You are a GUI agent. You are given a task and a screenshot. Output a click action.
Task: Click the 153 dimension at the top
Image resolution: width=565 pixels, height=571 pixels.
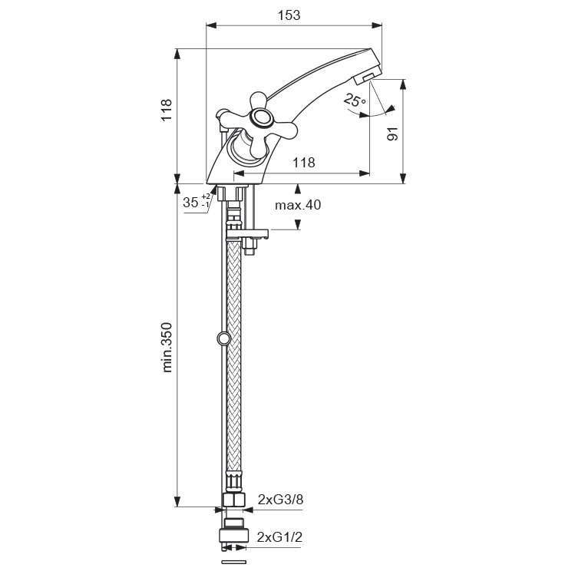[x=289, y=15]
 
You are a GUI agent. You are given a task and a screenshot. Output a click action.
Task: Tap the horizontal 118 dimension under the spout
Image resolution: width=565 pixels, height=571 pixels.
[x=304, y=163]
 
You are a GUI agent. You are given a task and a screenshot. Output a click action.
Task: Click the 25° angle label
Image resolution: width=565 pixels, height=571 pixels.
[x=354, y=101]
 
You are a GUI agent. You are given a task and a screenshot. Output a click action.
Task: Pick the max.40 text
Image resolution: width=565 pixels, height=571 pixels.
[x=298, y=205]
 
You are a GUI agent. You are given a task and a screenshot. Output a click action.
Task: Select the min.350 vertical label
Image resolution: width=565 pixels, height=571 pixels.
[x=167, y=348]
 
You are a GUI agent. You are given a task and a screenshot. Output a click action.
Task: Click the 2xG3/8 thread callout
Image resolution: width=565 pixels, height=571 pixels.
[x=281, y=500]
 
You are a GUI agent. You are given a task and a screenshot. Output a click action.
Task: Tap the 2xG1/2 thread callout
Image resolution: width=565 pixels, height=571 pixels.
[x=280, y=536]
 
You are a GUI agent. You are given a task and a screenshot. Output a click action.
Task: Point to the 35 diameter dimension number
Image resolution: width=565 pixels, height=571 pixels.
[x=190, y=203]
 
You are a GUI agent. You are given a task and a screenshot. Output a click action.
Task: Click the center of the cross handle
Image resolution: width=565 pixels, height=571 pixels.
[x=263, y=118]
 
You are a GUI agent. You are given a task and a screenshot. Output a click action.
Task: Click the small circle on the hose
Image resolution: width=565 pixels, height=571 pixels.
[x=223, y=338]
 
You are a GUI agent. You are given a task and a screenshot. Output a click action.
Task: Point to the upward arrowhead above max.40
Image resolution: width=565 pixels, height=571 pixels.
[x=298, y=188]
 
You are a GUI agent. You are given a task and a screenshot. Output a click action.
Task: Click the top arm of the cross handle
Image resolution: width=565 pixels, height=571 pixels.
[x=258, y=100]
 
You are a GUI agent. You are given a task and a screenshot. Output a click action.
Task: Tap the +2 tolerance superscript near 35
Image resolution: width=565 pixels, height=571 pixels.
[x=206, y=196]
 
